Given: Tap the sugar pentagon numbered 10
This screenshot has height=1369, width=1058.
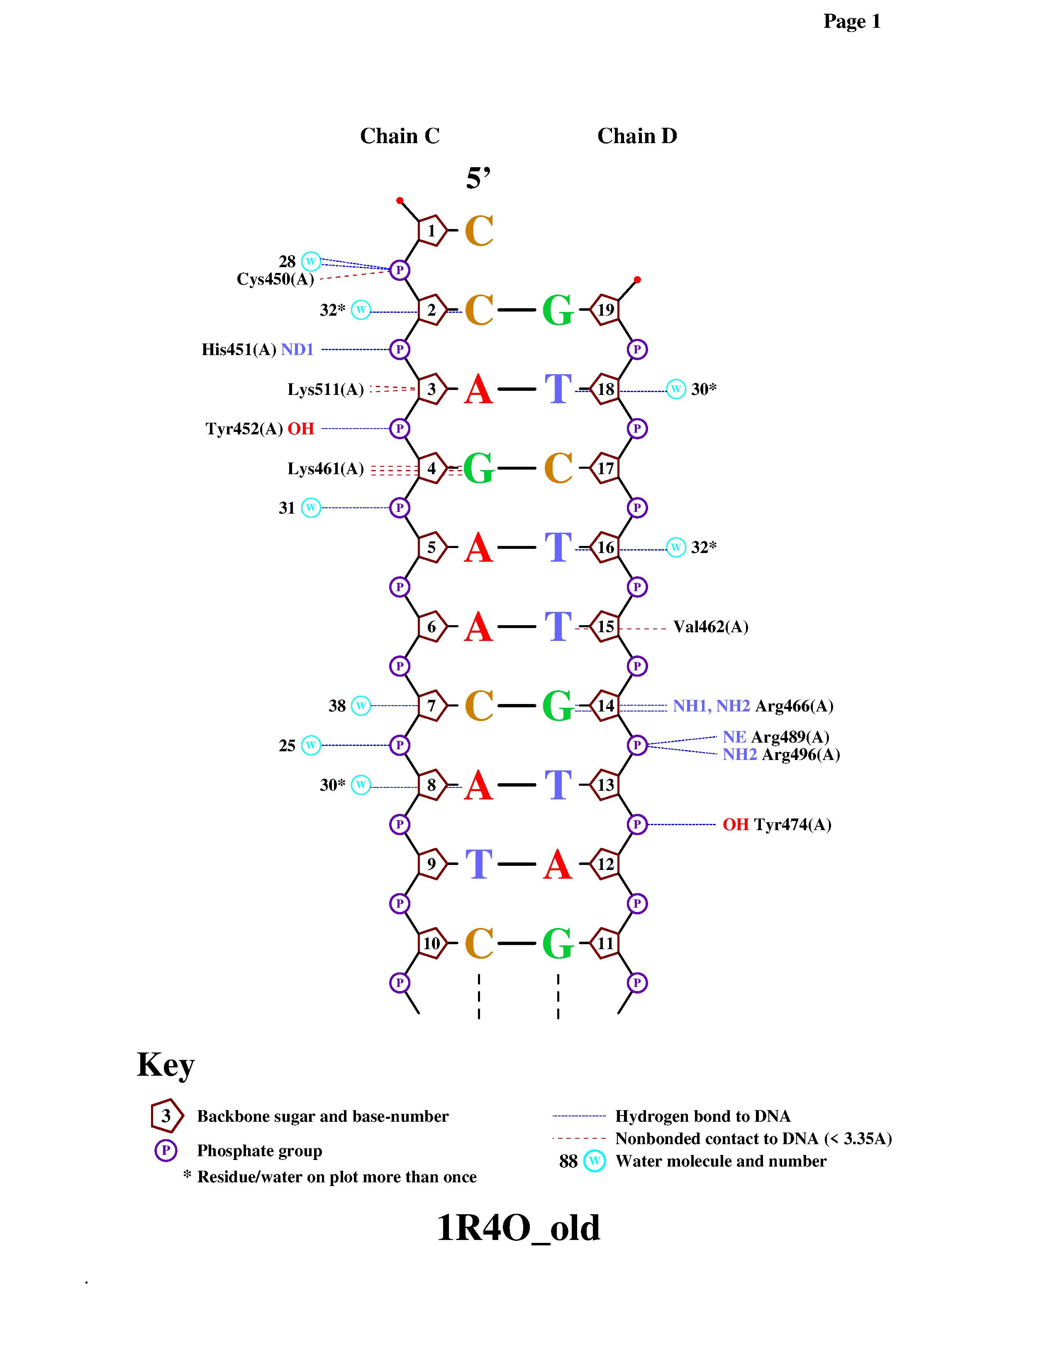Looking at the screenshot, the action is click(432, 943).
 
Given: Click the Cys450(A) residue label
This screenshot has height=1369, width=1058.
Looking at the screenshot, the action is click(275, 279).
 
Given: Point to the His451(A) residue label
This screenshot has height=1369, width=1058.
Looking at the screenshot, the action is click(239, 349).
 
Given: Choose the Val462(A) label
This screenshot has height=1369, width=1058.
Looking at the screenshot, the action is click(711, 627).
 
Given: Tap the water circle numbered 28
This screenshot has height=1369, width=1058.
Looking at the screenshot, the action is click(311, 261).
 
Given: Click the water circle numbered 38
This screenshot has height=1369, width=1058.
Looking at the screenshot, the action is click(361, 706).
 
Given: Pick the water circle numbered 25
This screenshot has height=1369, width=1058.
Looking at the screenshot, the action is click(311, 745).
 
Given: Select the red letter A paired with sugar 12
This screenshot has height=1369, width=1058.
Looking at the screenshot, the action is click(558, 865).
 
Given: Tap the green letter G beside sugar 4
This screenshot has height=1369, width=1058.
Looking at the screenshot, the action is click(478, 468).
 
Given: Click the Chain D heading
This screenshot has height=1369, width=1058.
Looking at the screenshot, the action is click(637, 136).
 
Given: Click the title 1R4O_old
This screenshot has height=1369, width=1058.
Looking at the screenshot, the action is click(518, 1228).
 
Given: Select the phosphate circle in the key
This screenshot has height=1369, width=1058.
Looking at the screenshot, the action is click(166, 1150).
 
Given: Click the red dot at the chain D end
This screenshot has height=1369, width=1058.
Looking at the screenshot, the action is click(637, 280).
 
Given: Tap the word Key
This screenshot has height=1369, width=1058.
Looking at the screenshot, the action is click(166, 1065).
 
